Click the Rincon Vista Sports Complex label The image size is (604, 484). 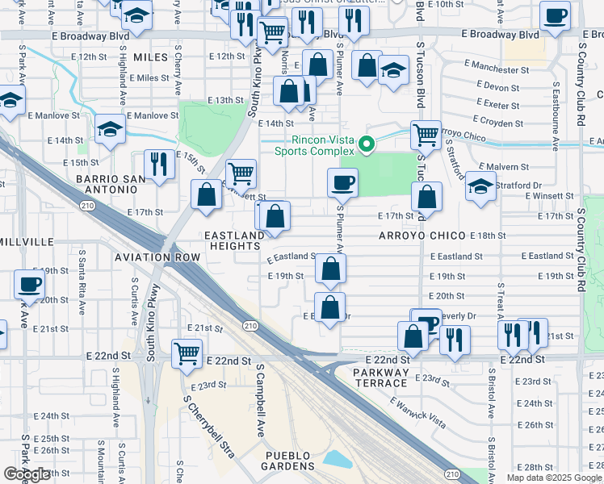pos(308,145)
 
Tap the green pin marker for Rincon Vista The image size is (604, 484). pos(366,145)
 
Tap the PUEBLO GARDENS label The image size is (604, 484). pos(289,461)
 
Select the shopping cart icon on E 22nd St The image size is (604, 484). pos(187,353)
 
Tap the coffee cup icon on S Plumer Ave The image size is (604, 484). pos(342,182)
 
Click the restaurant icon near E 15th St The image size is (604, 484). pos(159,165)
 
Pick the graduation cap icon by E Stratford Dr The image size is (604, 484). pos(480,187)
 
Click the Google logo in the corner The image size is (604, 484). pos(27,474)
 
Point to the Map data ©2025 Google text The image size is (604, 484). pos(553,478)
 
